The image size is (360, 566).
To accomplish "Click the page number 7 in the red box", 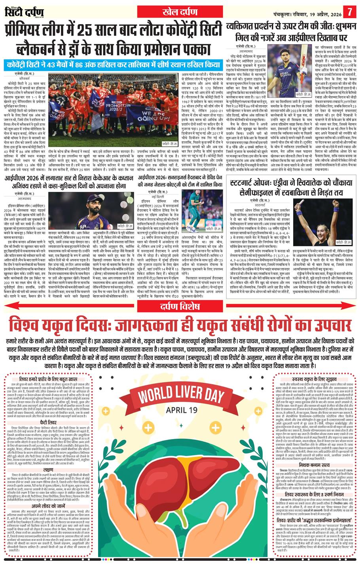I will coord(349,11).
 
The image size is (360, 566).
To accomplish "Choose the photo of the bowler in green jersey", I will coord(195,210).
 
